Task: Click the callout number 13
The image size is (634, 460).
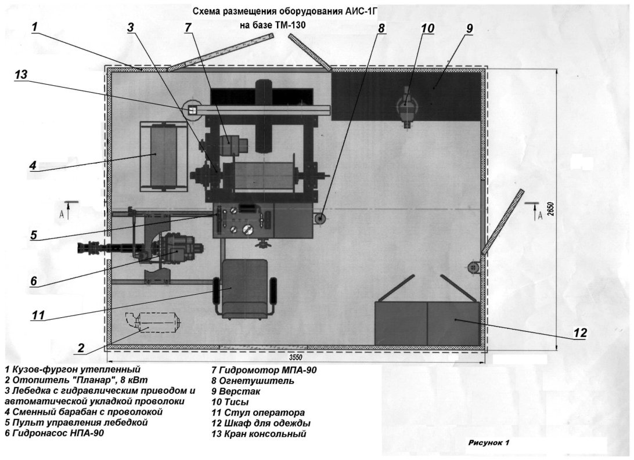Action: click(x=21, y=75)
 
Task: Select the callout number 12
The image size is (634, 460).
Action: click(x=580, y=333)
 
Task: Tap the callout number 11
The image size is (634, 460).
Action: click(x=38, y=314)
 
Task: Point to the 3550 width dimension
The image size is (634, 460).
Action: click(x=296, y=357)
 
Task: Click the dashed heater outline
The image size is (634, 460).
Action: click(x=153, y=323)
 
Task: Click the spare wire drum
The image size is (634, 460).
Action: click(x=163, y=156)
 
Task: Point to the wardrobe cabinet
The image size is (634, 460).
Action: click(x=428, y=323)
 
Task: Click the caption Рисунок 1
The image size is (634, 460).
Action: click(x=488, y=442)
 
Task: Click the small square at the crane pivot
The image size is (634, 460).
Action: click(x=193, y=110)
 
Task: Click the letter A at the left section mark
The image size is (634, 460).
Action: click(x=62, y=214)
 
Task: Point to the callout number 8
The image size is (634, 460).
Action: click(x=381, y=28)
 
